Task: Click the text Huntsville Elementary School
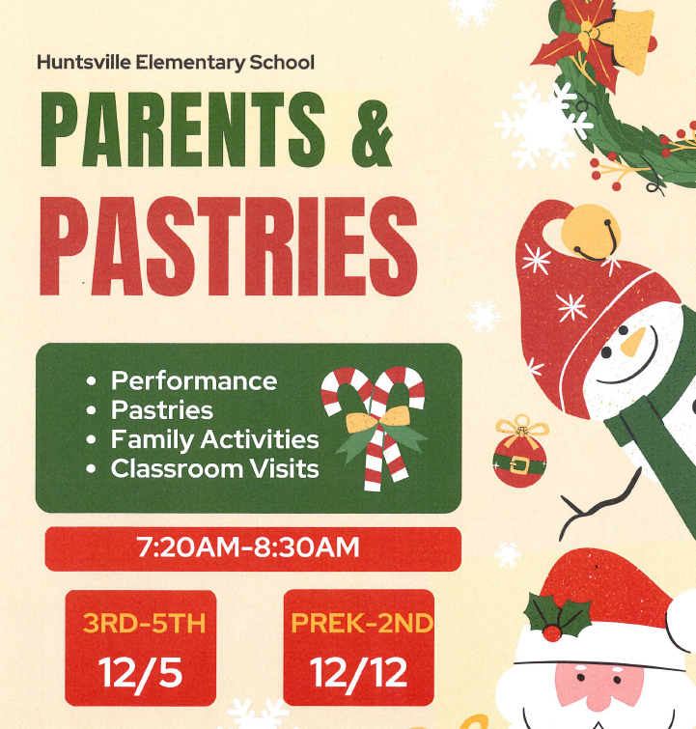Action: (176, 63)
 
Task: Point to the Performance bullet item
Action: (193, 380)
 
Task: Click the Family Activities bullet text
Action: (214, 439)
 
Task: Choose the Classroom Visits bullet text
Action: (214, 468)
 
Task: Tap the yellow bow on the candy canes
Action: (373, 421)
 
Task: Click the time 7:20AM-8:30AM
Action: (248, 548)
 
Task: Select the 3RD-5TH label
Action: (144, 623)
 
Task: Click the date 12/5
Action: (144, 672)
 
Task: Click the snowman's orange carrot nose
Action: (632, 341)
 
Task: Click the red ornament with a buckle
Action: (519, 463)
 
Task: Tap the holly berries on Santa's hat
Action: (552, 632)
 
